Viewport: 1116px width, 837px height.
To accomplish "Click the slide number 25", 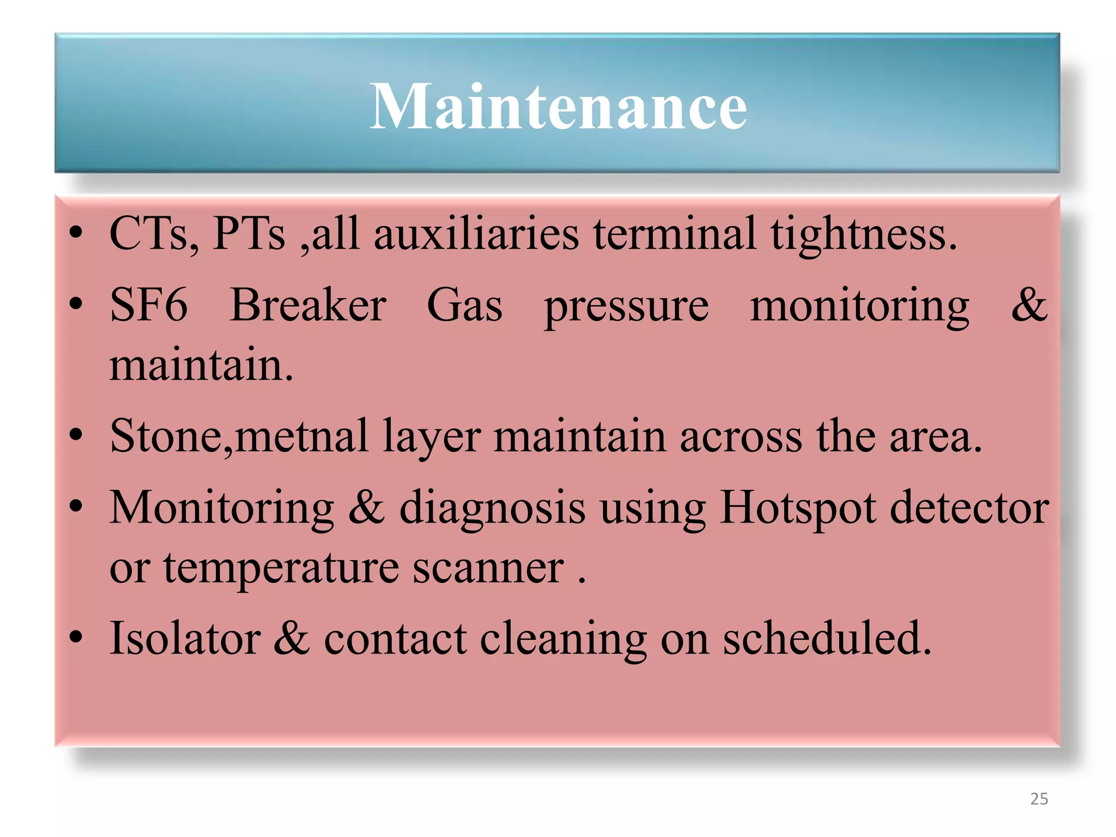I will (x=1039, y=799).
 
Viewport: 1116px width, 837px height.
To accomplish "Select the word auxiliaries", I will (x=476, y=234).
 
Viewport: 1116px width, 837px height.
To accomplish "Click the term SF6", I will (x=149, y=305).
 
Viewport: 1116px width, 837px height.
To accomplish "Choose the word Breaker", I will (x=308, y=305).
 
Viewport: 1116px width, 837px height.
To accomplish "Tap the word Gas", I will (x=464, y=305).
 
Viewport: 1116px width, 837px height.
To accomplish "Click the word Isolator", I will (x=185, y=639).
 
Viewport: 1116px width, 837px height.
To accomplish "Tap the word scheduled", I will (x=827, y=639).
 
